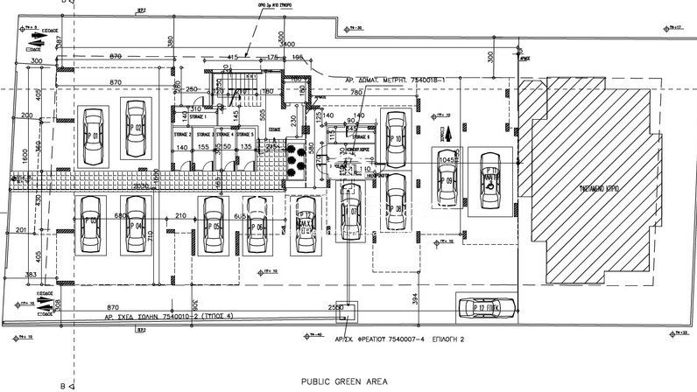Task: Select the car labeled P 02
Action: click(x=135, y=130)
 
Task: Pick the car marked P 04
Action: click(x=136, y=227)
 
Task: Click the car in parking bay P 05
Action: click(x=212, y=226)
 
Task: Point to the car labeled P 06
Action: click(x=257, y=227)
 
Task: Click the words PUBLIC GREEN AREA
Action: click(x=344, y=382)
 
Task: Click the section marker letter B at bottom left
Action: click(x=61, y=384)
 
